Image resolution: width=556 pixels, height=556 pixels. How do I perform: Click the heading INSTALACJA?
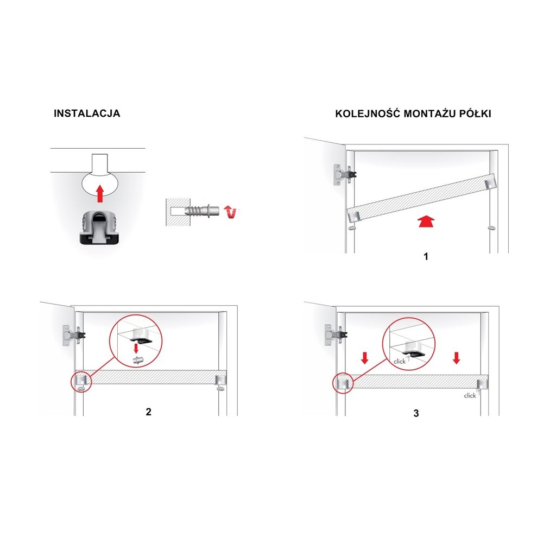(x=87, y=113)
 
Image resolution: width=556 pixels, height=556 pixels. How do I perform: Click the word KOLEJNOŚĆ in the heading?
(x=368, y=113)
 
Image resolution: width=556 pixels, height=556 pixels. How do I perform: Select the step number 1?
(x=426, y=256)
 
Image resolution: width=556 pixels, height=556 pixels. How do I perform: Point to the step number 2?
(x=149, y=412)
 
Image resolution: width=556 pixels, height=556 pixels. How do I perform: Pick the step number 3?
(x=416, y=413)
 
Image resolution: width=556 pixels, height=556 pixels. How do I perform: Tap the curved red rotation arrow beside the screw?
(x=230, y=212)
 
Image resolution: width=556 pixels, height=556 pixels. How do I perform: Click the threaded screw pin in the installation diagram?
(x=202, y=211)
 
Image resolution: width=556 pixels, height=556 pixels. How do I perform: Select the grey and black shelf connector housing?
(x=99, y=228)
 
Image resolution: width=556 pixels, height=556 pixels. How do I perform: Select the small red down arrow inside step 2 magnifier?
(x=136, y=349)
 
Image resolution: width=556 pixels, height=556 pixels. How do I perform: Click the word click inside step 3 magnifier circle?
(x=400, y=361)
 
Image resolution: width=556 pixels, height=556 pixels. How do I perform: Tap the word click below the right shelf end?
(x=470, y=395)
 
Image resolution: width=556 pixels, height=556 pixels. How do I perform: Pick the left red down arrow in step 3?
(x=364, y=358)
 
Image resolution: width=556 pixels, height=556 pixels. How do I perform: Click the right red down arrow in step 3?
(x=456, y=358)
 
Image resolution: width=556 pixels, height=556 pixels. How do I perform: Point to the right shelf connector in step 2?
(x=221, y=380)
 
